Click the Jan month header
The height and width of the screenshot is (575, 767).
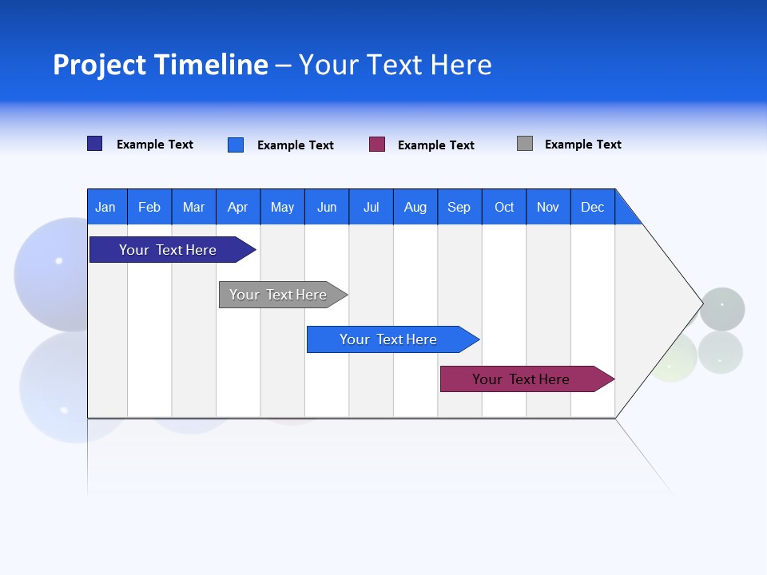coord(106,207)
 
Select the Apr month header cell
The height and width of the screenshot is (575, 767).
coord(238,207)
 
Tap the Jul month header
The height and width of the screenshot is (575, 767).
coord(371,207)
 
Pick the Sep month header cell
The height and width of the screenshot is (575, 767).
coord(459,207)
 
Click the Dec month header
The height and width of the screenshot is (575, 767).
coord(592,207)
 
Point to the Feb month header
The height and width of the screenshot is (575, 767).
coord(149,207)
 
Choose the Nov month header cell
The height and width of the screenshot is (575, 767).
coord(548,207)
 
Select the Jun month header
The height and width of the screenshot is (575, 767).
coord(327,207)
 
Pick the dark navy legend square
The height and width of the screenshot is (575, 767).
coord(95,144)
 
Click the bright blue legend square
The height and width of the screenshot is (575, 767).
coord(236,145)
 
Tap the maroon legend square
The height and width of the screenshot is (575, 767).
coord(377,145)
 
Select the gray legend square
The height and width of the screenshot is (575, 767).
coord(525,144)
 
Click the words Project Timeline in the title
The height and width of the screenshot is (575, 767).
coord(161,65)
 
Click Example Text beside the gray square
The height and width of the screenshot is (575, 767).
coord(582,145)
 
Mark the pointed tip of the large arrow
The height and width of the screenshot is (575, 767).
coord(701,303)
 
